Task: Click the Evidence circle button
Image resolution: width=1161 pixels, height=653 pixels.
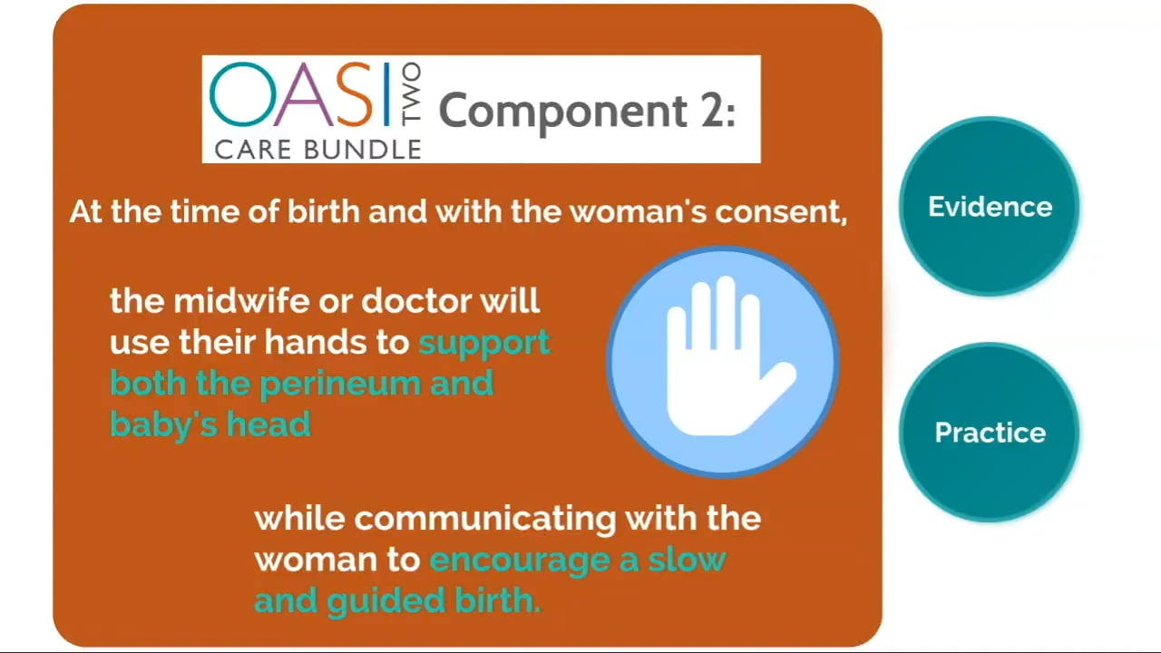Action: [x=990, y=207]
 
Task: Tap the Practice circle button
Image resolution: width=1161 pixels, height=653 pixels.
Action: [x=990, y=433]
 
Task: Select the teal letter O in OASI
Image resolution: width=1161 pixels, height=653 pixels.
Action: [x=239, y=94]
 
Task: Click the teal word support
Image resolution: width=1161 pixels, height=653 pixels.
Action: [x=484, y=343]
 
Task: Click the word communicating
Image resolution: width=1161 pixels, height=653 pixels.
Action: [x=484, y=519]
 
